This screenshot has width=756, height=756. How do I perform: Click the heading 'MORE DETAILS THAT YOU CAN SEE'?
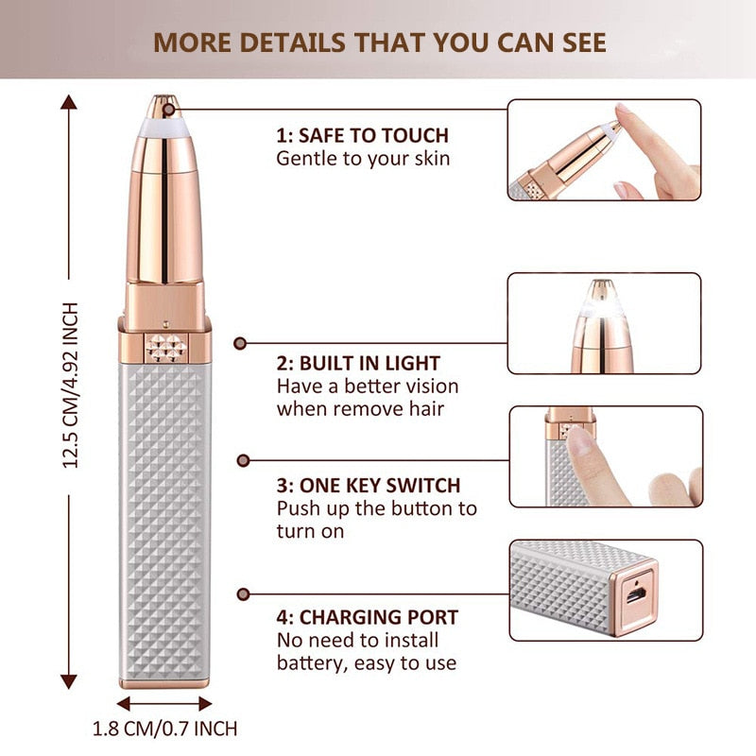(380, 43)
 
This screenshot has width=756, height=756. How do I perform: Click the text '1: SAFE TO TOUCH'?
(362, 135)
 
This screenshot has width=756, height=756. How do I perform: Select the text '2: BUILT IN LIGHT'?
(358, 363)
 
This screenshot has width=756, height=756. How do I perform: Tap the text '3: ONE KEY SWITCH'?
(369, 486)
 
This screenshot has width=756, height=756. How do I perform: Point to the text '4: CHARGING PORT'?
(368, 618)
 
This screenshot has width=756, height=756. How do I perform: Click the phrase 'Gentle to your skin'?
(363, 158)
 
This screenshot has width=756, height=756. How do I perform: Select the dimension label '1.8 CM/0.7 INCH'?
(165, 729)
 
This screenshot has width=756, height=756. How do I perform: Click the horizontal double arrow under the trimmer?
(165, 704)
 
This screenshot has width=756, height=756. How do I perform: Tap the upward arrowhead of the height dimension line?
(69, 101)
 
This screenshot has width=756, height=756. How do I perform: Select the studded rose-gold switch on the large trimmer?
(164, 347)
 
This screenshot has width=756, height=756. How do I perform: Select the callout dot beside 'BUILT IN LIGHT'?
(241, 345)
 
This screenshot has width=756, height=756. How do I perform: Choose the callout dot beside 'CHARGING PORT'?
(243, 593)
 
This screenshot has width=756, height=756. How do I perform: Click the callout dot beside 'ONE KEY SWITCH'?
(243, 460)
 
